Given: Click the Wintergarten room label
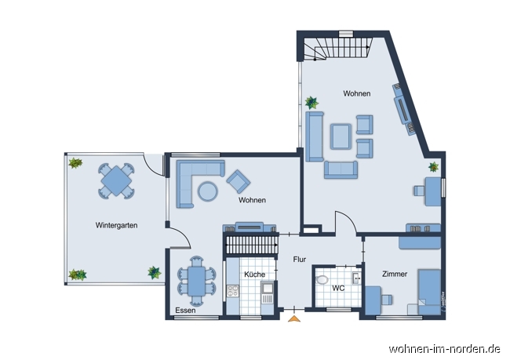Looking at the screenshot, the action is [x=116, y=225].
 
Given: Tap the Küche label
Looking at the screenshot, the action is [x=254, y=275].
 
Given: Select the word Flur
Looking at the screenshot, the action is [x=299, y=260].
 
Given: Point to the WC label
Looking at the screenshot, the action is [x=338, y=288].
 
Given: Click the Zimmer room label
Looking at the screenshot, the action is [x=395, y=275].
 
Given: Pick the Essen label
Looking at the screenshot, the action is [x=185, y=311].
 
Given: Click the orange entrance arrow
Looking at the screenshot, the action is [x=294, y=318].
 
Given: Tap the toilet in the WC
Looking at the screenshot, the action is [x=322, y=280].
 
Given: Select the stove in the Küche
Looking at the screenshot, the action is [x=232, y=291].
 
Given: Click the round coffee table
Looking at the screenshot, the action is [x=208, y=191].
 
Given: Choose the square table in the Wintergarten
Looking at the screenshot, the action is [x=116, y=181].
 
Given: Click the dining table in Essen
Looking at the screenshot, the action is [x=196, y=281].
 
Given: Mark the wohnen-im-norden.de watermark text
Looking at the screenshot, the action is [x=444, y=349].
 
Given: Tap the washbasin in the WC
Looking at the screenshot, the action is [x=357, y=278].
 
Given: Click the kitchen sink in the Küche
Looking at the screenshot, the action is [x=268, y=288].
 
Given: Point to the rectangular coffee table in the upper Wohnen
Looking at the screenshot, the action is [x=341, y=136].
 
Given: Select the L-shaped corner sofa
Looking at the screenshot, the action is [x=195, y=180].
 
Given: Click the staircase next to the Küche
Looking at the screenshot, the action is [x=251, y=245].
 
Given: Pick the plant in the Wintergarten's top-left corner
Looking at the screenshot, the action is [x=75, y=163].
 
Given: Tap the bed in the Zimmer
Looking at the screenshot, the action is [x=429, y=292].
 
